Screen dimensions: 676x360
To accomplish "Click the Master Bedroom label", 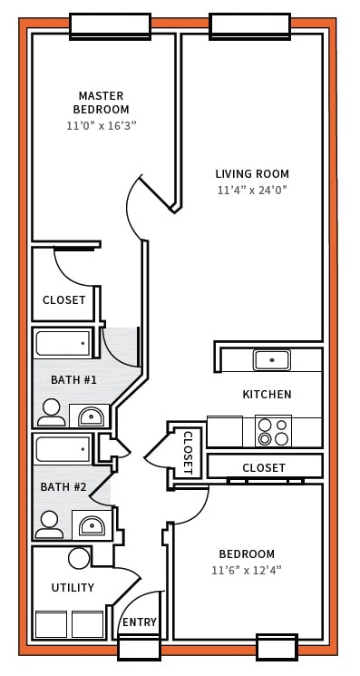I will click(101, 103).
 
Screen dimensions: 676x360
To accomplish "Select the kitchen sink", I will click(271, 360).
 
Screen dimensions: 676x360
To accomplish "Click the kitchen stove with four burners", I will click(273, 431).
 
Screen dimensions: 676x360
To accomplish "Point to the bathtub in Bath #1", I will click(63, 343).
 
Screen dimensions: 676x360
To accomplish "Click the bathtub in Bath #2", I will click(63, 448).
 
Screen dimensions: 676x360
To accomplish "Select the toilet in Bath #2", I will click(50, 524).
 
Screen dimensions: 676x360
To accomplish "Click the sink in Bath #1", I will click(90, 416).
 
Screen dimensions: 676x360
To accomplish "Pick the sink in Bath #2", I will click(91, 525).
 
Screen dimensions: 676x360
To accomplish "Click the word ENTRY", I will click(140, 622).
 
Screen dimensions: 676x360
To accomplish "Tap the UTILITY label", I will click(73, 588).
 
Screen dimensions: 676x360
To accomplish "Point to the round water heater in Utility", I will click(80, 558).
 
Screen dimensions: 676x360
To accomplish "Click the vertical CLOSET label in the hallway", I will click(188, 452).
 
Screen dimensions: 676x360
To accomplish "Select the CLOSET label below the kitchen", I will click(264, 467).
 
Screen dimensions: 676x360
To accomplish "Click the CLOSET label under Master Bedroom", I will click(64, 299).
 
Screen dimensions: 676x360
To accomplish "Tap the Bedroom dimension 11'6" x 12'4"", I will click(247, 571).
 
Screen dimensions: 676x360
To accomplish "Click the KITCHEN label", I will click(267, 395).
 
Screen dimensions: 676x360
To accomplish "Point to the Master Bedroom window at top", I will click(110, 25).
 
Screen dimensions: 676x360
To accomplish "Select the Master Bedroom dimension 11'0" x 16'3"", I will click(101, 126).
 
